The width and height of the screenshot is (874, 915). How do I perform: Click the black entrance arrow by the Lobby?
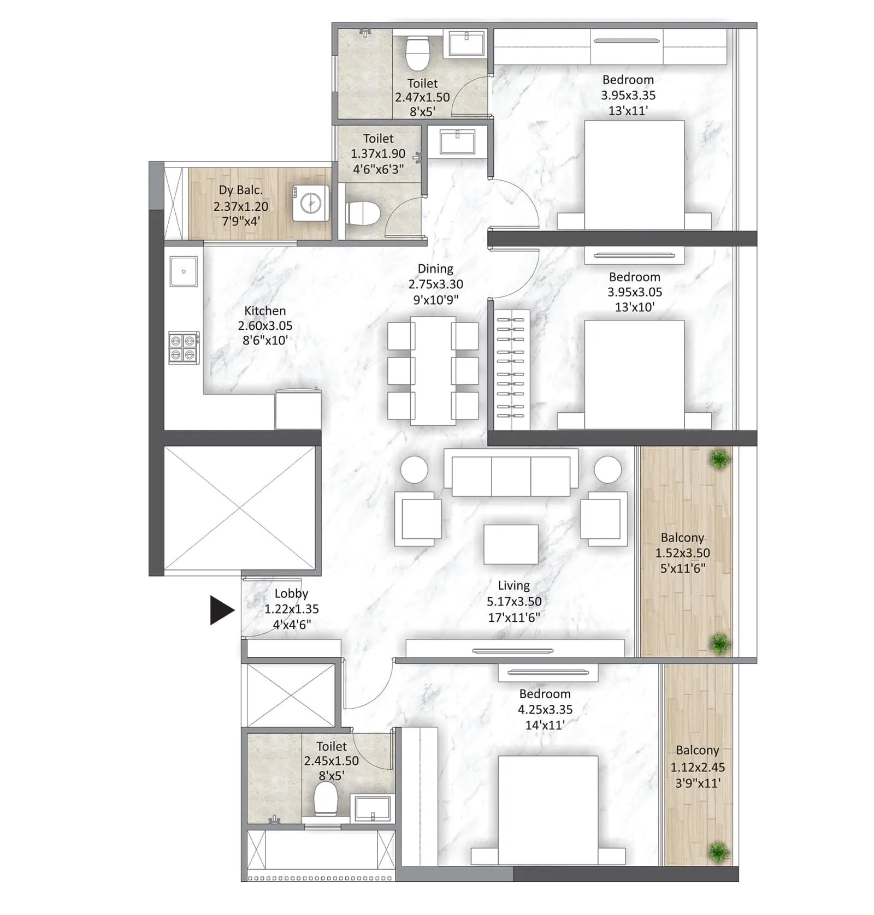click(x=221, y=610)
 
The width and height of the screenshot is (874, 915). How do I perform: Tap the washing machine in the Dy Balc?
click(x=311, y=204)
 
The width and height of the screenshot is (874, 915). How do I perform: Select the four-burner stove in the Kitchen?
click(x=183, y=348)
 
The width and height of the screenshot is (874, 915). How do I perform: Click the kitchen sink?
click(x=184, y=271)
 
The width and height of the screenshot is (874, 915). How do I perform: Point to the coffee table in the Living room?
click(x=511, y=544)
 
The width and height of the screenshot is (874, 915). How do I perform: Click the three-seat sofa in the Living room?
click(x=511, y=473)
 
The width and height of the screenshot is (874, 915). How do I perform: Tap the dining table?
click(x=433, y=371)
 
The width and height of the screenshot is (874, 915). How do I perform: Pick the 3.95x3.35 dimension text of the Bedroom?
click(x=628, y=95)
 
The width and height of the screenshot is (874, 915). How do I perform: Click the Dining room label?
click(x=435, y=269)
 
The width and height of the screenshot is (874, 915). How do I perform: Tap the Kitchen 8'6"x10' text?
click(x=265, y=340)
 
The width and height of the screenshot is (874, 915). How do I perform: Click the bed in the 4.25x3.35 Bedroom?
click(x=548, y=811)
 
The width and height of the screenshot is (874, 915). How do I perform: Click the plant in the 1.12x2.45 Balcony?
click(x=719, y=851)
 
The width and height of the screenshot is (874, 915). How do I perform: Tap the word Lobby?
click(x=291, y=593)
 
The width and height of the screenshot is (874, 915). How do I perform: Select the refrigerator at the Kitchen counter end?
click(x=298, y=409)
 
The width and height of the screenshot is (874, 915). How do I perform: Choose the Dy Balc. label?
click(x=240, y=190)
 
